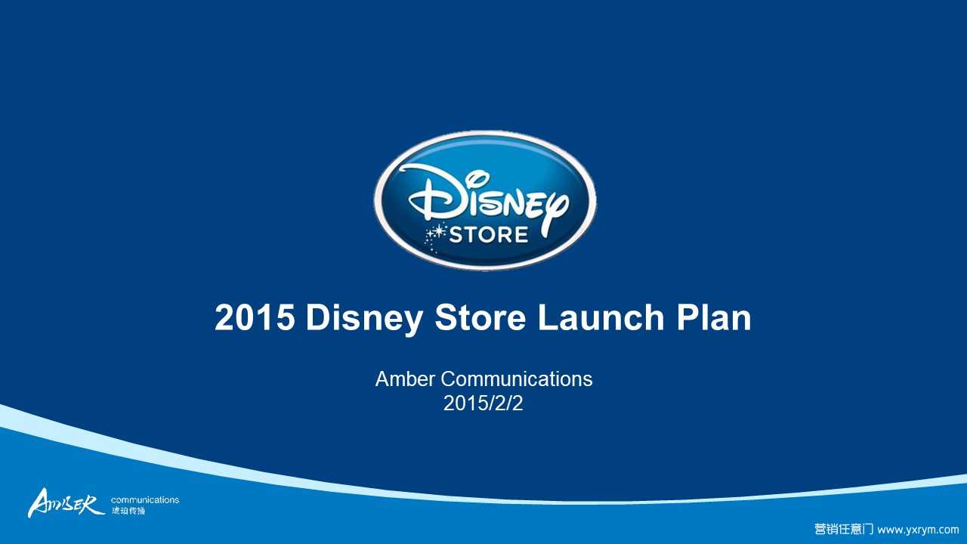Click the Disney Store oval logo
[485, 201]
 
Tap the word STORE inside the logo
[489, 235]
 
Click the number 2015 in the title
[255, 317]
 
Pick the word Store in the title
[480, 317]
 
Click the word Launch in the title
[601, 317]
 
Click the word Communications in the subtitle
[516, 379]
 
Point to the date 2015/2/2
[483, 403]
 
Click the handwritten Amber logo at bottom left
[66, 503]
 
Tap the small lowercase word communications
[145, 499]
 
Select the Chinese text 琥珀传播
[128, 511]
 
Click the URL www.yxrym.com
[918, 530]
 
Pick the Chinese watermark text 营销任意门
[844, 529]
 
